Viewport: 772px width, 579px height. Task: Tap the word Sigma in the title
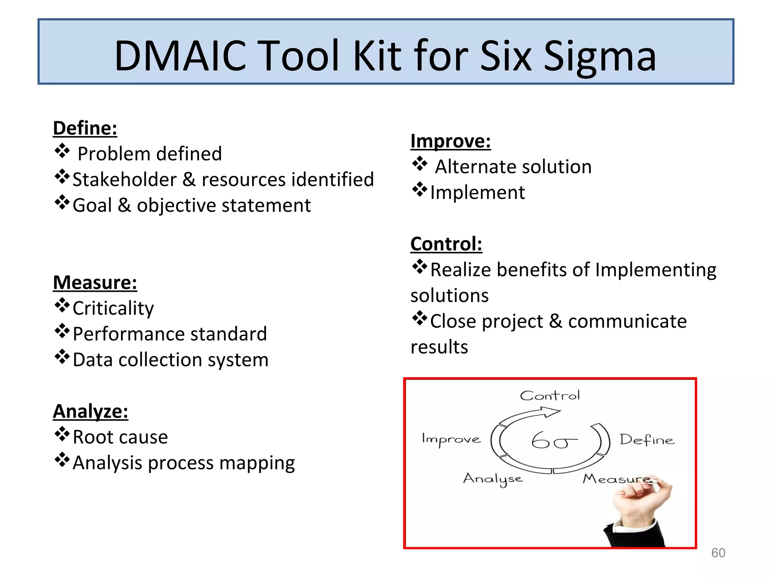point(600,57)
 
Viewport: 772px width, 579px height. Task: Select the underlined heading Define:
point(85,128)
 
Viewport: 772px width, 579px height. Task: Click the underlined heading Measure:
point(95,283)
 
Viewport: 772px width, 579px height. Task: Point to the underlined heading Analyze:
point(90,411)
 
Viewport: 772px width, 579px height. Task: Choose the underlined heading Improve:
point(450,141)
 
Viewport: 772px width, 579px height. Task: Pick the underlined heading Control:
point(446,244)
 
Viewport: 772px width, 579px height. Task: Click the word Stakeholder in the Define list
point(124,179)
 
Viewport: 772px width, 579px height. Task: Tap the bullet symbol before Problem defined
point(62,152)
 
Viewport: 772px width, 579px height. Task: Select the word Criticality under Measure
point(113,308)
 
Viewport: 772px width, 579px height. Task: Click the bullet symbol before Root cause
point(62,435)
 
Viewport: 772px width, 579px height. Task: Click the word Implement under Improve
point(477,193)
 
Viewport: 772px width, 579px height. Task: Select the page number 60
point(718,553)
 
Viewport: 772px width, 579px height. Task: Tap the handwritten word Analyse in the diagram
point(493,479)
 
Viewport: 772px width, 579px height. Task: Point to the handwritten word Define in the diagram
point(647,440)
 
